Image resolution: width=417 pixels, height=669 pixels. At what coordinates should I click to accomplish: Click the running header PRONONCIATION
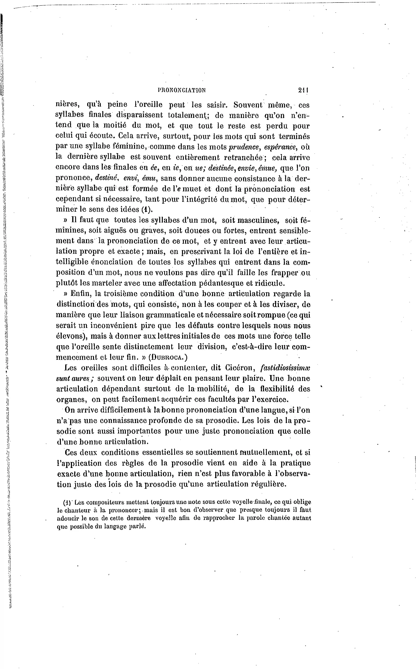click(182, 90)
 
